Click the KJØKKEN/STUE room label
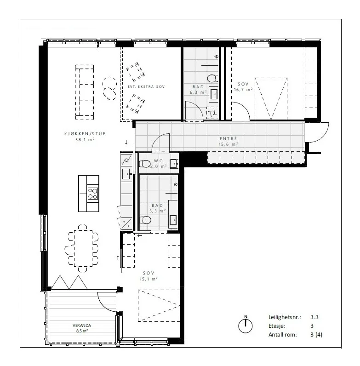pos(85,134)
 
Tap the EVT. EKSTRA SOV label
pos(146,86)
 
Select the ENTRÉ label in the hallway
pos(229,139)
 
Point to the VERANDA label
pos(82,326)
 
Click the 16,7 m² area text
pos(243,89)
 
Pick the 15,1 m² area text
pos(149,279)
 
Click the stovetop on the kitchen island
pos(93,194)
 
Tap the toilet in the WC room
pos(145,164)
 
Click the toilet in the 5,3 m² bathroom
pos(146,220)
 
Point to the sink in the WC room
pos(174,164)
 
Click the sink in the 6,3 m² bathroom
pos(214,94)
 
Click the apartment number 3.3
pos(314,317)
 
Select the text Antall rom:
pos(282,335)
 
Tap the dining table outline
pos(83,248)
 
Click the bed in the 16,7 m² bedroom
pos(271,99)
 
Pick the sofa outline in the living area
pos(85,92)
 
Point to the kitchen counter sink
pos(126,174)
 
